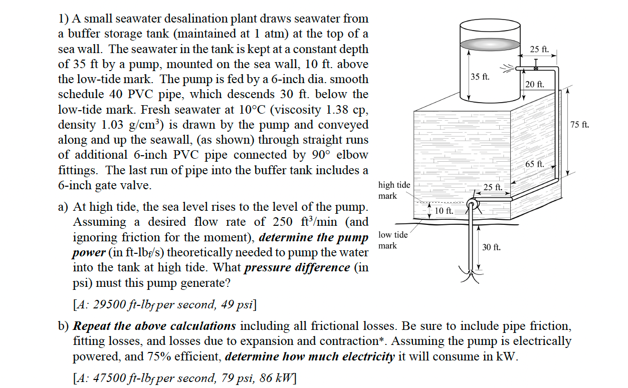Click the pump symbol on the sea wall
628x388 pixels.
(472, 204)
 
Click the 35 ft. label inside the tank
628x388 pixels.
(480, 77)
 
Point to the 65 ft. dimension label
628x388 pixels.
(534, 164)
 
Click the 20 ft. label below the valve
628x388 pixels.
(535, 85)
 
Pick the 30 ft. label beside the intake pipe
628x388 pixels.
(491, 247)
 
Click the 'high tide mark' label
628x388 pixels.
(394, 190)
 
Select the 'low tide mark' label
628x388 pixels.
(394, 240)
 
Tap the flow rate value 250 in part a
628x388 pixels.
(284, 222)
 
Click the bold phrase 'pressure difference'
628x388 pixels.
(297, 267)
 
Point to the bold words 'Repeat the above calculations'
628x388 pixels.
(155, 326)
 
